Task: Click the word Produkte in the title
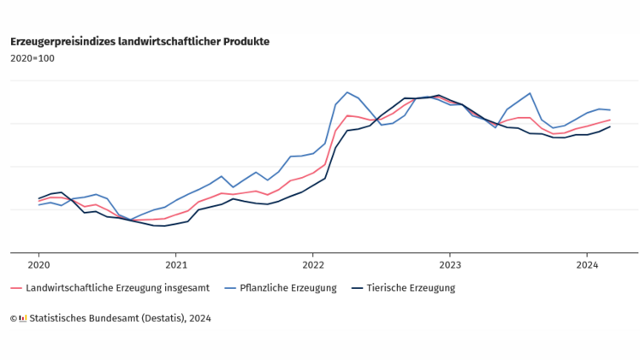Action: point(246,41)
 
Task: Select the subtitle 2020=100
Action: point(32,58)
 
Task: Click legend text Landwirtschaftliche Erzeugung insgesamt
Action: point(117,288)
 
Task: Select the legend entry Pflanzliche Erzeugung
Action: point(289,288)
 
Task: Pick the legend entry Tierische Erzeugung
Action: point(411,288)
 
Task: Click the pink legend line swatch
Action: point(16,288)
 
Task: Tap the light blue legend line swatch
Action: point(230,288)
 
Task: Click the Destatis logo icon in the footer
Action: point(23,318)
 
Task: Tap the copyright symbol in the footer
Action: point(14,318)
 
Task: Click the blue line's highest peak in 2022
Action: point(347,92)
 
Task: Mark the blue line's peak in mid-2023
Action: point(530,93)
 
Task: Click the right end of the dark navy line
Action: point(609,127)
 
